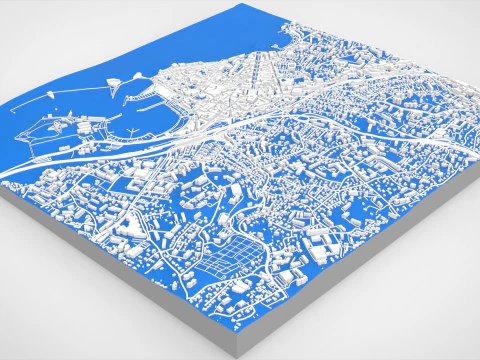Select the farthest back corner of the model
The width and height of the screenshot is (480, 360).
240,6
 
